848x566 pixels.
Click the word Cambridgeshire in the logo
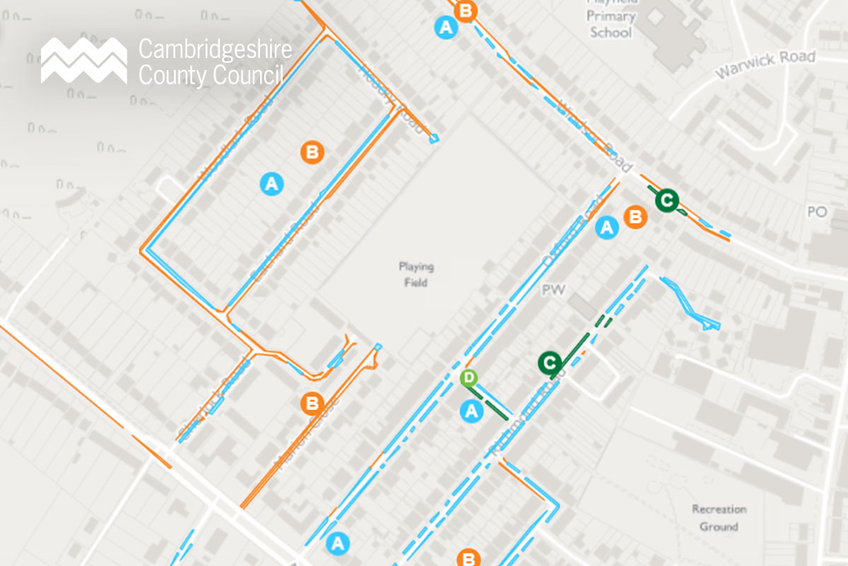pos(215,50)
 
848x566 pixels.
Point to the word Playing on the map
pos(416,267)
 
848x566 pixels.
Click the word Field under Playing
pos(416,283)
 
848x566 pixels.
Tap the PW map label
pos(550,291)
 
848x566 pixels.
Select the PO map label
pos(816,212)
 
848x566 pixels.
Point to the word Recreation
pos(719,509)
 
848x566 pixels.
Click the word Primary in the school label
pos(612,16)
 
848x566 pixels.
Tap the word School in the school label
pos(612,32)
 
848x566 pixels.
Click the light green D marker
pos(469,378)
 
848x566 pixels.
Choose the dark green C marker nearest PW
pos(550,363)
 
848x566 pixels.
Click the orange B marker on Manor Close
pos(312,404)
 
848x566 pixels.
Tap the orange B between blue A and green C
pos(636,217)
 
